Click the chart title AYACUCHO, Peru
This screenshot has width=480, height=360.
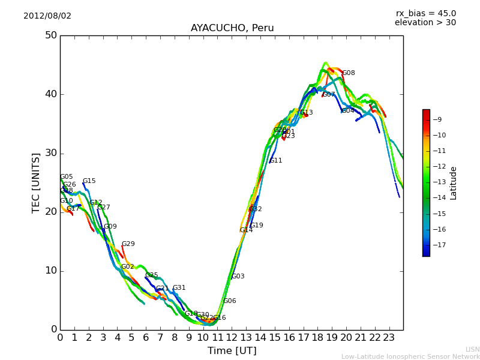(x=232, y=28)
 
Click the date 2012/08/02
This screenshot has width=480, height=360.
(x=47, y=16)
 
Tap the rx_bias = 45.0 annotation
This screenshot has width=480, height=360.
(x=425, y=14)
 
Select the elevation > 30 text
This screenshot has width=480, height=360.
(x=425, y=23)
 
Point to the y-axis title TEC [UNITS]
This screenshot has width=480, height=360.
(x=36, y=182)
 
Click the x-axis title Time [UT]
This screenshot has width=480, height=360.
(x=232, y=351)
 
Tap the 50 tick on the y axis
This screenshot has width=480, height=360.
(x=50, y=35)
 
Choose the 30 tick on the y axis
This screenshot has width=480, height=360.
(x=50, y=153)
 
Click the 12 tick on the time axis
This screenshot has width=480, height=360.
(x=232, y=338)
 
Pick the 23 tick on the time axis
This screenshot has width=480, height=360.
(x=389, y=338)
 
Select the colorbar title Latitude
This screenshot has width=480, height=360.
(x=454, y=183)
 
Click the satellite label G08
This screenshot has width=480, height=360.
(x=349, y=73)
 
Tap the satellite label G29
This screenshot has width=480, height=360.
(x=128, y=244)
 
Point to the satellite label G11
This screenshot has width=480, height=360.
(x=276, y=161)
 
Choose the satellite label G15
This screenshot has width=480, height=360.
(x=89, y=181)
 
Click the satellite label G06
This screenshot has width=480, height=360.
(x=230, y=301)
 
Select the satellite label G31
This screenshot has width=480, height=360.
(x=179, y=288)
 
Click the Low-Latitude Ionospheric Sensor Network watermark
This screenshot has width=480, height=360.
(x=410, y=356)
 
